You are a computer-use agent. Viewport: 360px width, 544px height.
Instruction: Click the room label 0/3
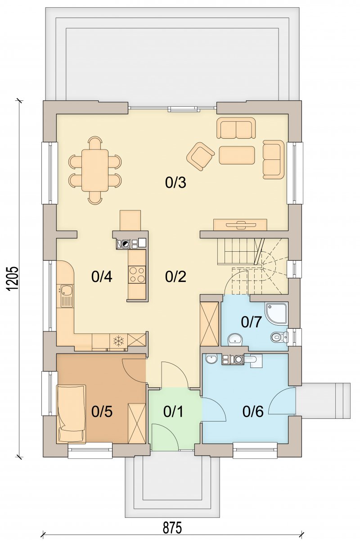point(175,183)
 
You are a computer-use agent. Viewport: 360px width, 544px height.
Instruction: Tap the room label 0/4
point(102,277)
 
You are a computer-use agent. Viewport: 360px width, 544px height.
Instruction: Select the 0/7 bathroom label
point(251,322)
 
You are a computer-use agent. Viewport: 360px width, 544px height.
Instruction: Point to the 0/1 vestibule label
point(173,412)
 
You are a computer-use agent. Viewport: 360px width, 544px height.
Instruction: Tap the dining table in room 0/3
point(95,170)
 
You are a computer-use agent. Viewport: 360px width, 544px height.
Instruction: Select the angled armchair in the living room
point(201,156)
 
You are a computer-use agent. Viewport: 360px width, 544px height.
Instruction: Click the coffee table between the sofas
point(237,155)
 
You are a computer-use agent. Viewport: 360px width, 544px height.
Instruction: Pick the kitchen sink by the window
point(65,296)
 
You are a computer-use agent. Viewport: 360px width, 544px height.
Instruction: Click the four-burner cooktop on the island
point(137,275)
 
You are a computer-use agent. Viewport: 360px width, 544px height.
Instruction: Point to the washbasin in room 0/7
point(235,339)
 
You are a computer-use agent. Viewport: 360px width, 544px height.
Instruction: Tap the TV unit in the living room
point(240,225)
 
